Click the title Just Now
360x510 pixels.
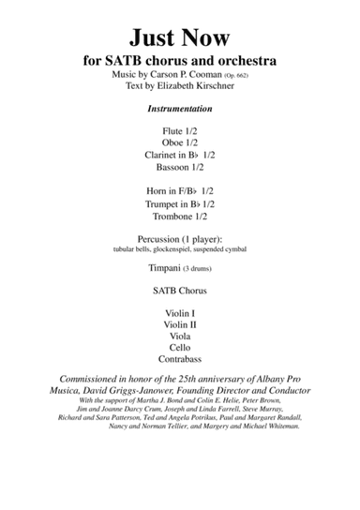(x=179, y=37)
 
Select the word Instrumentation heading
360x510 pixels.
(x=179, y=109)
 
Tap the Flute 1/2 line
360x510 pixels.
(x=179, y=129)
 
